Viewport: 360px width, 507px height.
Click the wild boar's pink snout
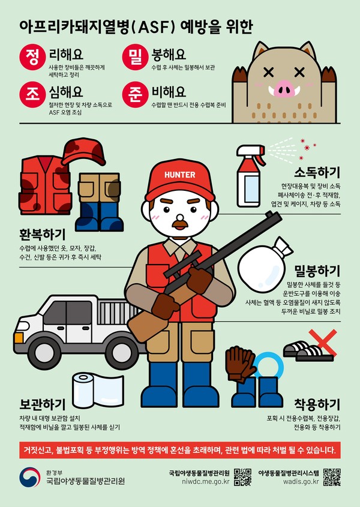point(283,91)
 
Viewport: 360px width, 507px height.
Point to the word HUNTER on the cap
point(179,174)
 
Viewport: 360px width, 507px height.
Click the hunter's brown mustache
point(179,224)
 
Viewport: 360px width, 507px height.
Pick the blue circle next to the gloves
point(266,366)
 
